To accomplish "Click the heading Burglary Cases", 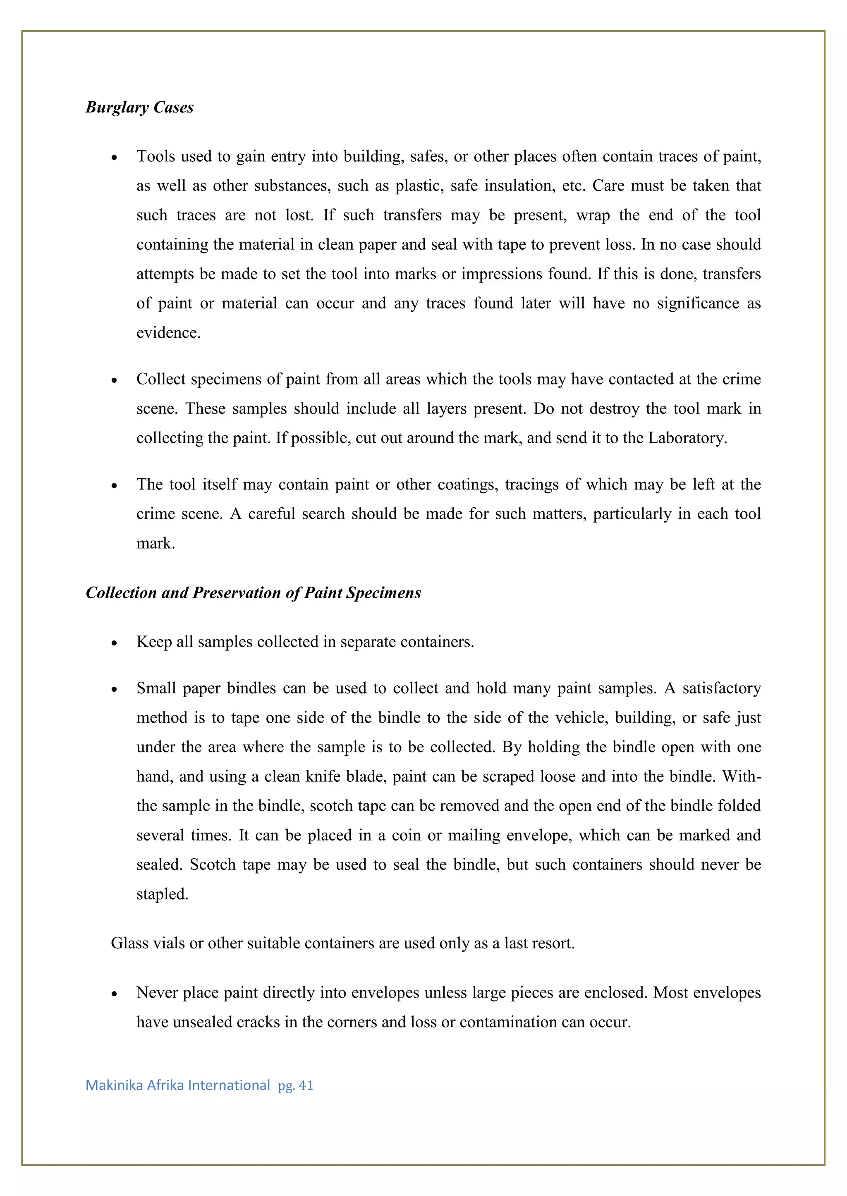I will click(x=139, y=107).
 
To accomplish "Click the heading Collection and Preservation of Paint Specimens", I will click(x=253, y=593).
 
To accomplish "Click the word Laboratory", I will click(x=687, y=438).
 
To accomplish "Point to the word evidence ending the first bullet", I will click(x=168, y=333).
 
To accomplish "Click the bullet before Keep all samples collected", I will click(x=114, y=643).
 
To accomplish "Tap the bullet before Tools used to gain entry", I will click(x=114, y=158).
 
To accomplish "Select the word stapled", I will click(x=162, y=894).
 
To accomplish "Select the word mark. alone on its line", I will click(x=156, y=544).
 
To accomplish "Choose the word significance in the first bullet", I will click(x=698, y=303).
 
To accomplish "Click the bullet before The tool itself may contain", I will click(x=114, y=486).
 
